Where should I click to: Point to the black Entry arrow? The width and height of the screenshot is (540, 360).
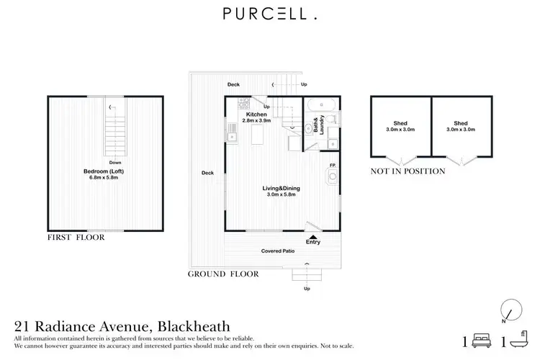point(312,235)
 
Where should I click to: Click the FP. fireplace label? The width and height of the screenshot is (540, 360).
point(333,166)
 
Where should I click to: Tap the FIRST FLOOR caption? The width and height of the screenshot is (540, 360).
point(76,237)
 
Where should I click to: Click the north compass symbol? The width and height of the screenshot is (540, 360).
point(508,310)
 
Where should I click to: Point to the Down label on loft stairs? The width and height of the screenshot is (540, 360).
point(114,163)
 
